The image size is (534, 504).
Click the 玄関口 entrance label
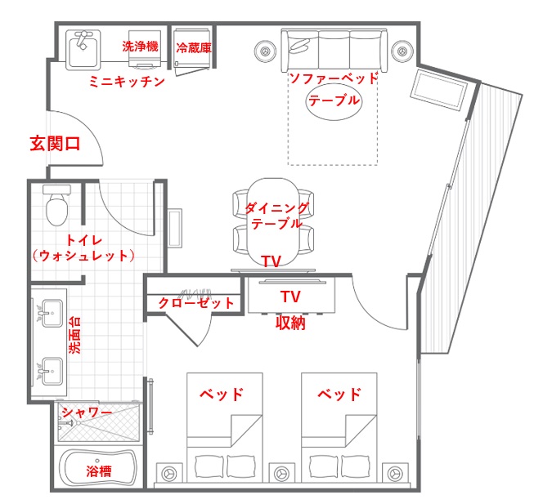tap(55, 145)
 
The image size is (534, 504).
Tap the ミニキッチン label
tap(127, 82)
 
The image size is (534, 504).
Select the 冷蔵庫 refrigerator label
tap(194, 47)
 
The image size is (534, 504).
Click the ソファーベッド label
tap(334, 78)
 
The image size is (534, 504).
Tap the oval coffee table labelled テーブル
tap(333, 102)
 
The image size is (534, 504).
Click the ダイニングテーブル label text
tap(276, 216)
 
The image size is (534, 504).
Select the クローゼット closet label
tap(196, 302)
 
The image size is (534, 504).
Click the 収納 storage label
tap(290, 323)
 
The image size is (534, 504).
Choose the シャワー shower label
tap(87, 413)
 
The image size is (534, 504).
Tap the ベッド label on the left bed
tap(222, 395)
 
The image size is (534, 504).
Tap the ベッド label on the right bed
tap(339, 395)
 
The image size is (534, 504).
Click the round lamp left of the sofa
tap(265, 50)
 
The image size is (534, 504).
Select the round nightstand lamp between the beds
tap(283, 473)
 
